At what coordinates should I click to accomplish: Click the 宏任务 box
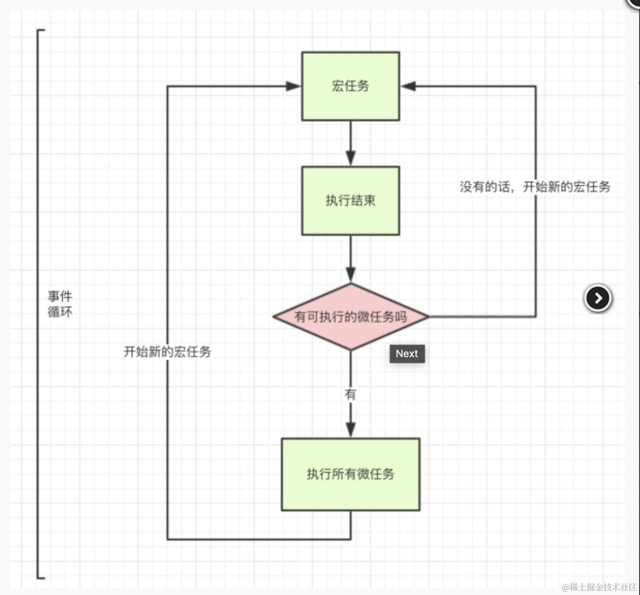[351, 86]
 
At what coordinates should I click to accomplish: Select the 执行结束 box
[351, 201]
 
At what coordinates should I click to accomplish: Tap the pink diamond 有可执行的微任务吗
[351, 317]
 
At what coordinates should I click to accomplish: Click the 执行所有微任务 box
[351, 474]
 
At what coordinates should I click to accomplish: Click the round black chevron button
[598, 298]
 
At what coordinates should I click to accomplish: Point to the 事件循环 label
[60, 304]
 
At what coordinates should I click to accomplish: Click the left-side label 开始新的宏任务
[167, 352]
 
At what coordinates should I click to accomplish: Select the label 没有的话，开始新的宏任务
[535, 187]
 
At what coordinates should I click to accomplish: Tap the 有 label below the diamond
[351, 394]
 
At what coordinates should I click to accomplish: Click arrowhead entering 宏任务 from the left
[293, 86]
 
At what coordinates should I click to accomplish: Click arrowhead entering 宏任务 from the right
[408, 86]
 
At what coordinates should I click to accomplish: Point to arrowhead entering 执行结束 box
[351, 158]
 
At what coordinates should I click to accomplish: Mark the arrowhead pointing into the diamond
[351, 274]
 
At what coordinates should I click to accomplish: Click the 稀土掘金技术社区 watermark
[599, 587]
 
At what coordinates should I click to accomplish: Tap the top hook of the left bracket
[41, 30]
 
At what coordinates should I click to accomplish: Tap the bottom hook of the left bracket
[41, 577]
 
